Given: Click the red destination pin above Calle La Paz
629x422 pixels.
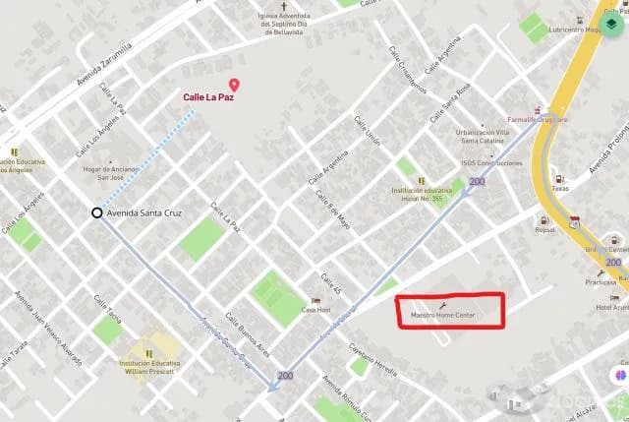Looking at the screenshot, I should click(233, 86).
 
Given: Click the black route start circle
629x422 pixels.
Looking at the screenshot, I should click(96, 212).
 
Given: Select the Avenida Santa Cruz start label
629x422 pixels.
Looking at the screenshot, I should click(150, 212).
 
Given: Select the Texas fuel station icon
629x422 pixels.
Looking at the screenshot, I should click(558, 181).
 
